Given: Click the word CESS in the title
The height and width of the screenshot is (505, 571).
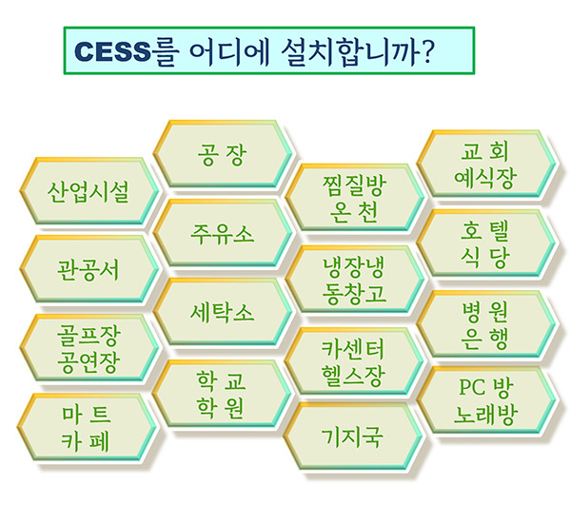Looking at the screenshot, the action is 112,51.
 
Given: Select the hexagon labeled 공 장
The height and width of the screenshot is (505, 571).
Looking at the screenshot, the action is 223,153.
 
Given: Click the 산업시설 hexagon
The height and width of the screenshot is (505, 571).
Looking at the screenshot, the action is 89,191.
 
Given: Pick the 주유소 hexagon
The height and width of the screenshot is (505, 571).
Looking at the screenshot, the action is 223,233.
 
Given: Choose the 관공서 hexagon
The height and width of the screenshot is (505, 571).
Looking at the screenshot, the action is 89,269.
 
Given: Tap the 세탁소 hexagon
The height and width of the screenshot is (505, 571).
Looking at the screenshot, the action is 223,311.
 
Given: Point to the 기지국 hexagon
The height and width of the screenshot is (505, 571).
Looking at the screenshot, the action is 352,436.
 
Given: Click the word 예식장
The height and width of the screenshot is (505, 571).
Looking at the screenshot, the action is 485,178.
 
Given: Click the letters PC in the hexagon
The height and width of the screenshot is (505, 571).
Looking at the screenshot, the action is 472,387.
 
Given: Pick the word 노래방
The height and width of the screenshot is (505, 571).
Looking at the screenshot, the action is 485,415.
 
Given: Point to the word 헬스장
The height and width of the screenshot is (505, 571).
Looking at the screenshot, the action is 353,376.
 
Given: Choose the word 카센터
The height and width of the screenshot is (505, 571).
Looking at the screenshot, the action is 353,349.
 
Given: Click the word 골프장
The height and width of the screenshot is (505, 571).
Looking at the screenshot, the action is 89,335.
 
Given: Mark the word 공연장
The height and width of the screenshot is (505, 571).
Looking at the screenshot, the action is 89,362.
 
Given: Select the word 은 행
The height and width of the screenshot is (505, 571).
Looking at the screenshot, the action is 484,340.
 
